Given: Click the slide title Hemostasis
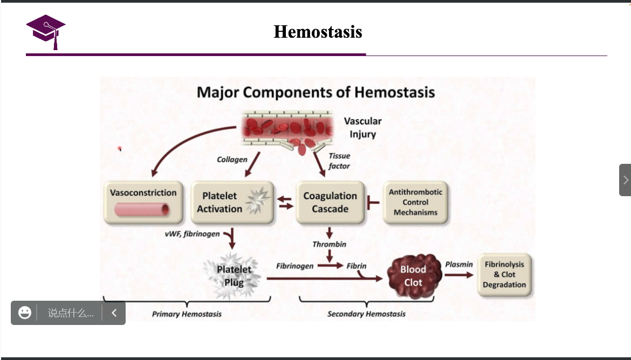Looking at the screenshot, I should pyautogui.click(x=318, y=32).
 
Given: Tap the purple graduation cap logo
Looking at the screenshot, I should pyautogui.click(x=46, y=31).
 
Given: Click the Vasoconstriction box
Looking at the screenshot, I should pyautogui.click(x=143, y=202).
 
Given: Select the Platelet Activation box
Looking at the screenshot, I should pyautogui.click(x=232, y=203).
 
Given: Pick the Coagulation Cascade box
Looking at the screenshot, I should pyautogui.click(x=330, y=203).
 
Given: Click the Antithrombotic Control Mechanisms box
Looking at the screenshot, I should pyautogui.click(x=415, y=203).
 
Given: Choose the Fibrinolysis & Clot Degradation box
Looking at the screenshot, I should pyautogui.click(x=504, y=275).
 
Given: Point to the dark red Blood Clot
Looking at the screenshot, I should pyautogui.click(x=414, y=275).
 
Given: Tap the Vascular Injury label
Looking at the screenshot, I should pyautogui.click(x=362, y=128).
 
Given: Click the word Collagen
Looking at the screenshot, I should pyautogui.click(x=232, y=160).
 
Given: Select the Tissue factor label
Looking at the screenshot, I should pyautogui.click(x=339, y=161).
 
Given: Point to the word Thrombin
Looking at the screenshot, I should pyautogui.click(x=329, y=244).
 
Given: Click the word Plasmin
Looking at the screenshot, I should pyautogui.click(x=459, y=264).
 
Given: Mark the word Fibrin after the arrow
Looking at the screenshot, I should pyautogui.click(x=356, y=266).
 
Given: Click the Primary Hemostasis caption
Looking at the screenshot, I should pyautogui.click(x=187, y=314).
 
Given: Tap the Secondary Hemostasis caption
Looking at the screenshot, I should pyautogui.click(x=366, y=314).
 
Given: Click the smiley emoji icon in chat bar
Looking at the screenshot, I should pyautogui.click(x=25, y=313).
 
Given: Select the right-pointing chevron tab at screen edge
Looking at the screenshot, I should pyautogui.click(x=625, y=179).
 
